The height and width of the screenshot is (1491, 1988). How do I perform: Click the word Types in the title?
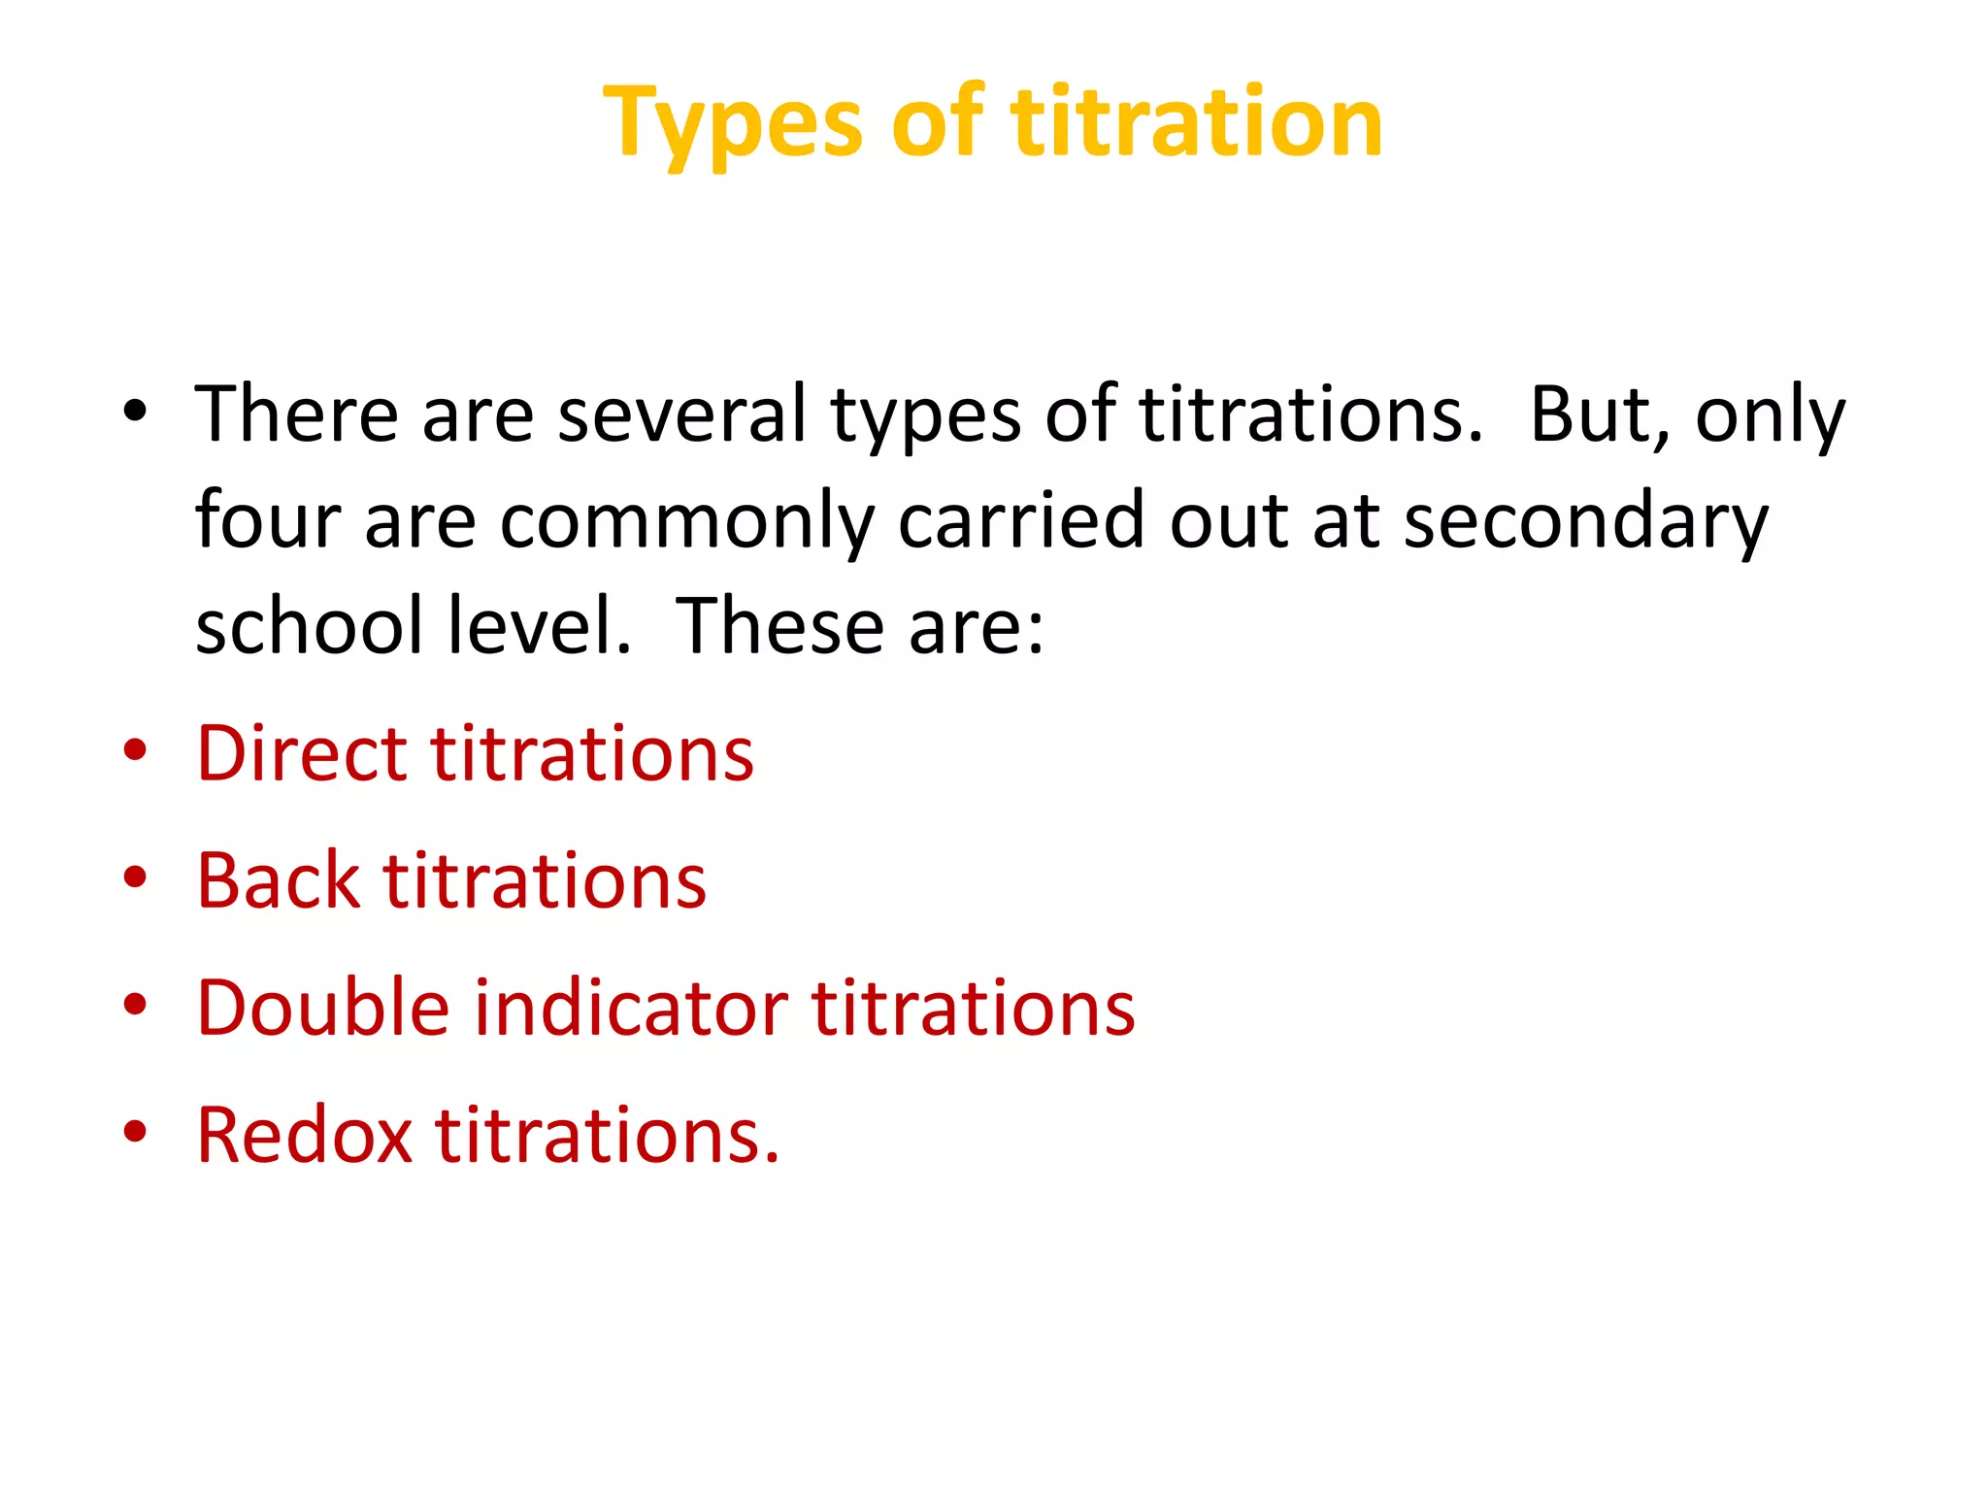tap(732, 124)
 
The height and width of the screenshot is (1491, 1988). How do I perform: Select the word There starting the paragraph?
tap(296, 415)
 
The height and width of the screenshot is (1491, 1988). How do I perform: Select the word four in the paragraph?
tap(267, 521)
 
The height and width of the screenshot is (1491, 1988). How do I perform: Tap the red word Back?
tap(277, 881)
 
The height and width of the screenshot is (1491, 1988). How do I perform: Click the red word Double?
tap(322, 1009)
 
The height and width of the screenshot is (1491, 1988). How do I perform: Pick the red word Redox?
tap(304, 1136)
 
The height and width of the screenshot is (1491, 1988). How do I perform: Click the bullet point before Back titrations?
tap(135, 878)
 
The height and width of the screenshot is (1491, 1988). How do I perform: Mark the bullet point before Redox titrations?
tap(135, 1132)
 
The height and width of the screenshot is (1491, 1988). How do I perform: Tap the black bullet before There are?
tap(135, 412)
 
